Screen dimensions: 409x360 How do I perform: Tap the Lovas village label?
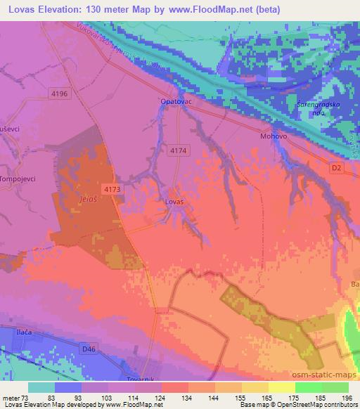click(174, 202)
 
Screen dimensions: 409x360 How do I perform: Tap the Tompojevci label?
click(19, 178)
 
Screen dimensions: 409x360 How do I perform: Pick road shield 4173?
click(110, 189)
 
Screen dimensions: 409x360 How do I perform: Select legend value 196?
click(345, 397)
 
